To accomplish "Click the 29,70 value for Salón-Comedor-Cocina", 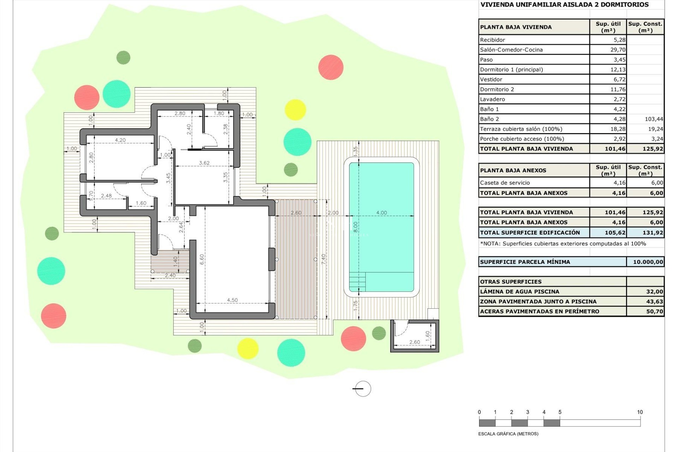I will click(618, 50).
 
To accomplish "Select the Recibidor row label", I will click(493, 40).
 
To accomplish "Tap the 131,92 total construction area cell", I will click(653, 233).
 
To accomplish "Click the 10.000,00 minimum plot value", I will click(648, 262).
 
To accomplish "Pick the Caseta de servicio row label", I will click(505, 183).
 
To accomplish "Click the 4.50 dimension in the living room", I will click(232, 300).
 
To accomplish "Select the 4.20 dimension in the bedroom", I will click(120, 140).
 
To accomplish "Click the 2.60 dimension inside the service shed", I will click(415, 342).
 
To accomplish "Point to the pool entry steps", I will click(357, 282).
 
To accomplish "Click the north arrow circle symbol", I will click(363, 389).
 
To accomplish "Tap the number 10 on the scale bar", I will click(640, 412).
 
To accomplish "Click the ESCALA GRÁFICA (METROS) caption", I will click(508, 434).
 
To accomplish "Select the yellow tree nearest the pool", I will click(295, 110).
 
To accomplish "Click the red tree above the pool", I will click(331, 67).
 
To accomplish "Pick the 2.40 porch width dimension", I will click(170, 275).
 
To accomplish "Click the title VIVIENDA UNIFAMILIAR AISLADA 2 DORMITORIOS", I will click(564, 5).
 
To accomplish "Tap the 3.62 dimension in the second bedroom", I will click(204, 163).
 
